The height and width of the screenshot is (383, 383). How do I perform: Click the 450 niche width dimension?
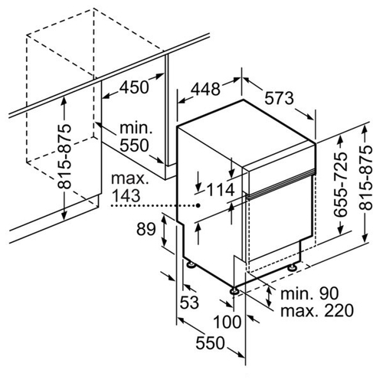(x=134, y=87)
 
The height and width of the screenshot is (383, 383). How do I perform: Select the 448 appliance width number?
(x=206, y=89)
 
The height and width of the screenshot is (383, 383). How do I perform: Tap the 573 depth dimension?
(x=279, y=98)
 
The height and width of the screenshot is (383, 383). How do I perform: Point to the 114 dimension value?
(x=221, y=190)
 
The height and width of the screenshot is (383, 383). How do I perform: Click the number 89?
(x=146, y=229)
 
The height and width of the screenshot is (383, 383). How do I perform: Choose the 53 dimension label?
(x=189, y=303)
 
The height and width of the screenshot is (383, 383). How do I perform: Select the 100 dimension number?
(x=228, y=322)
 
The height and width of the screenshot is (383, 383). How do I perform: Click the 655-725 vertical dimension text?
(x=342, y=185)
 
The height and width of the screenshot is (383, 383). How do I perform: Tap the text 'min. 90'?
(x=309, y=293)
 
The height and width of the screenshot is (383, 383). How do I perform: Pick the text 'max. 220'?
(x=317, y=310)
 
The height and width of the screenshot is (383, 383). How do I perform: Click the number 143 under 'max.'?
(x=126, y=196)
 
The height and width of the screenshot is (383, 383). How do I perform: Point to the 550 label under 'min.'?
(x=134, y=146)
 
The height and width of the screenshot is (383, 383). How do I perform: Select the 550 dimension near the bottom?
(x=210, y=343)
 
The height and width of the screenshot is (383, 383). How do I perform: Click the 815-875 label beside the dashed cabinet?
(x=64, y=156)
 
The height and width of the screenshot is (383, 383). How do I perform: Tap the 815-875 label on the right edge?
(x=365, y=178)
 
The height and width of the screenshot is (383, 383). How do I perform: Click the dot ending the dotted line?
(x=198, y=205)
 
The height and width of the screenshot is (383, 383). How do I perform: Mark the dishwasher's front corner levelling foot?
(x=234, y=291)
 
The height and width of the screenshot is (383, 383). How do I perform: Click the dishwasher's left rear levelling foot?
(x=191, y=264)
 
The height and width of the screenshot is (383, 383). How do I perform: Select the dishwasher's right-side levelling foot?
(x=292, y=268)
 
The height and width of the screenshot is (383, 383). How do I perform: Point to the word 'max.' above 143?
(x=129, y=179)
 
